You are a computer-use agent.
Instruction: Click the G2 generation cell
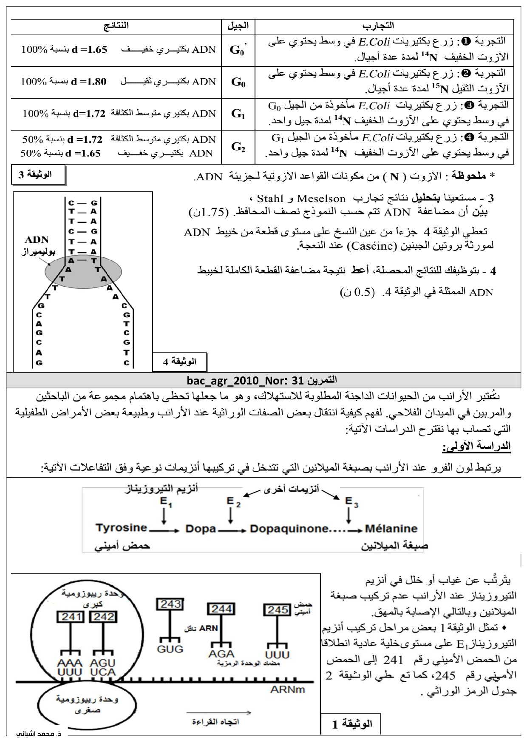coord(238,147)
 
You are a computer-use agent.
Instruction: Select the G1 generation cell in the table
coord(238,114)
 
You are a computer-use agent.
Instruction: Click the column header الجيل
coord(238,26)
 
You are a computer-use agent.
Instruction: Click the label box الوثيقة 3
coord(38,175)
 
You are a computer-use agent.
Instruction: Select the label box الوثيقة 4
coord(179,362)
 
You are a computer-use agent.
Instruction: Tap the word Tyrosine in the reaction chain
coord(121,528)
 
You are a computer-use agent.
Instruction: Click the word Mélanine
coord(391,528)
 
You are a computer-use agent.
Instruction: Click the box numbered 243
coord(170,604)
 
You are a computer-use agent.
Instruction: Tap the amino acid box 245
coord(278,609)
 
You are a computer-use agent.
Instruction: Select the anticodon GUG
coord(170,649)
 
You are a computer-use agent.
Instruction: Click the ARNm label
coord(287,690)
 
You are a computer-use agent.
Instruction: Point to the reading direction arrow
coord(218,712)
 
